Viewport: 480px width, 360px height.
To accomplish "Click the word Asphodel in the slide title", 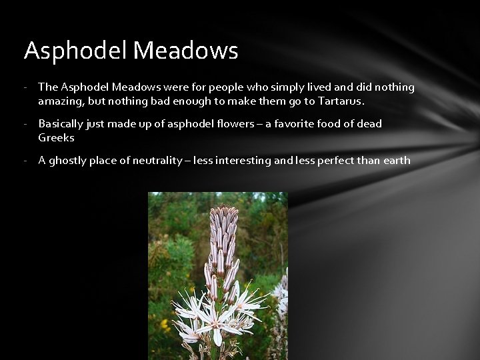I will pos(75,51).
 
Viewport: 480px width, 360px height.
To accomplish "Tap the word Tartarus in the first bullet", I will pos(340,101).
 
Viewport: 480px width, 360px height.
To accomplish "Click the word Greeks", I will pos(56,138).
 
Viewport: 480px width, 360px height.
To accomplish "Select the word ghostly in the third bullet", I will pos(68,161).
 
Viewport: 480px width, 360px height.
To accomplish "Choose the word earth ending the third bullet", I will pos(396,161).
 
